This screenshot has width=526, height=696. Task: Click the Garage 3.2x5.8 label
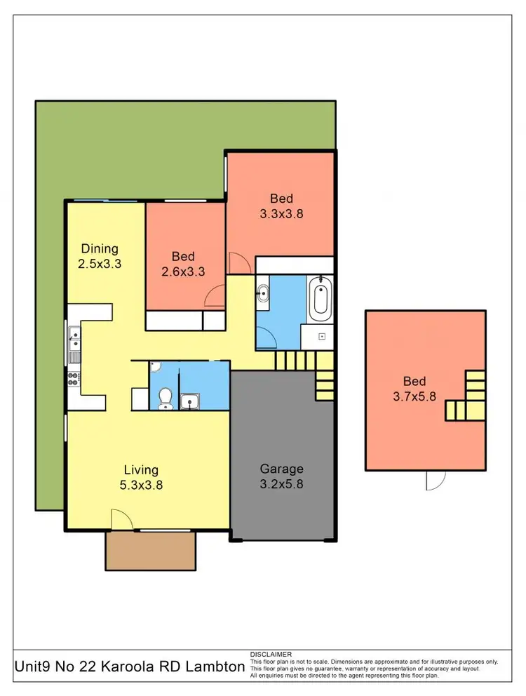[281, 476]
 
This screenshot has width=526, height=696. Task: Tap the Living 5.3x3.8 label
[141, 476]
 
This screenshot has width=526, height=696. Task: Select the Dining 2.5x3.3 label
[100, 256]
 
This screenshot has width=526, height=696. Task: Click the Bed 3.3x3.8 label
[281, 206]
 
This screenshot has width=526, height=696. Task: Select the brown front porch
[149, 550]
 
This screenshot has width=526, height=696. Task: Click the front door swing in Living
[121, 520]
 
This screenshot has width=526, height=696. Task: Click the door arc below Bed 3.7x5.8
[436, 480]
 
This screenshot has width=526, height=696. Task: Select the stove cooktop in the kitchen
[73, 379]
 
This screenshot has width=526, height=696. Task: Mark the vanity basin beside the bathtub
[262, 294]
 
